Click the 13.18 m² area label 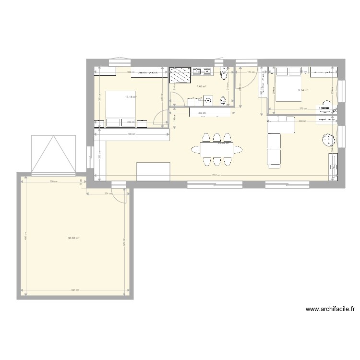[x=131, y=96]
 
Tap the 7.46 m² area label [x=201, y=86]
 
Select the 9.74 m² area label [x=303, y=90]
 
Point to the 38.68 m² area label [x=73, y=238]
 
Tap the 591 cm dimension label [x=74, y=290]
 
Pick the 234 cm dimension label [x=108, y=194]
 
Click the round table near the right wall [x=329, y=140]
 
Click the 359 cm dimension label [x=54, y=181]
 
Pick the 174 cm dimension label [x=250, y=72]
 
